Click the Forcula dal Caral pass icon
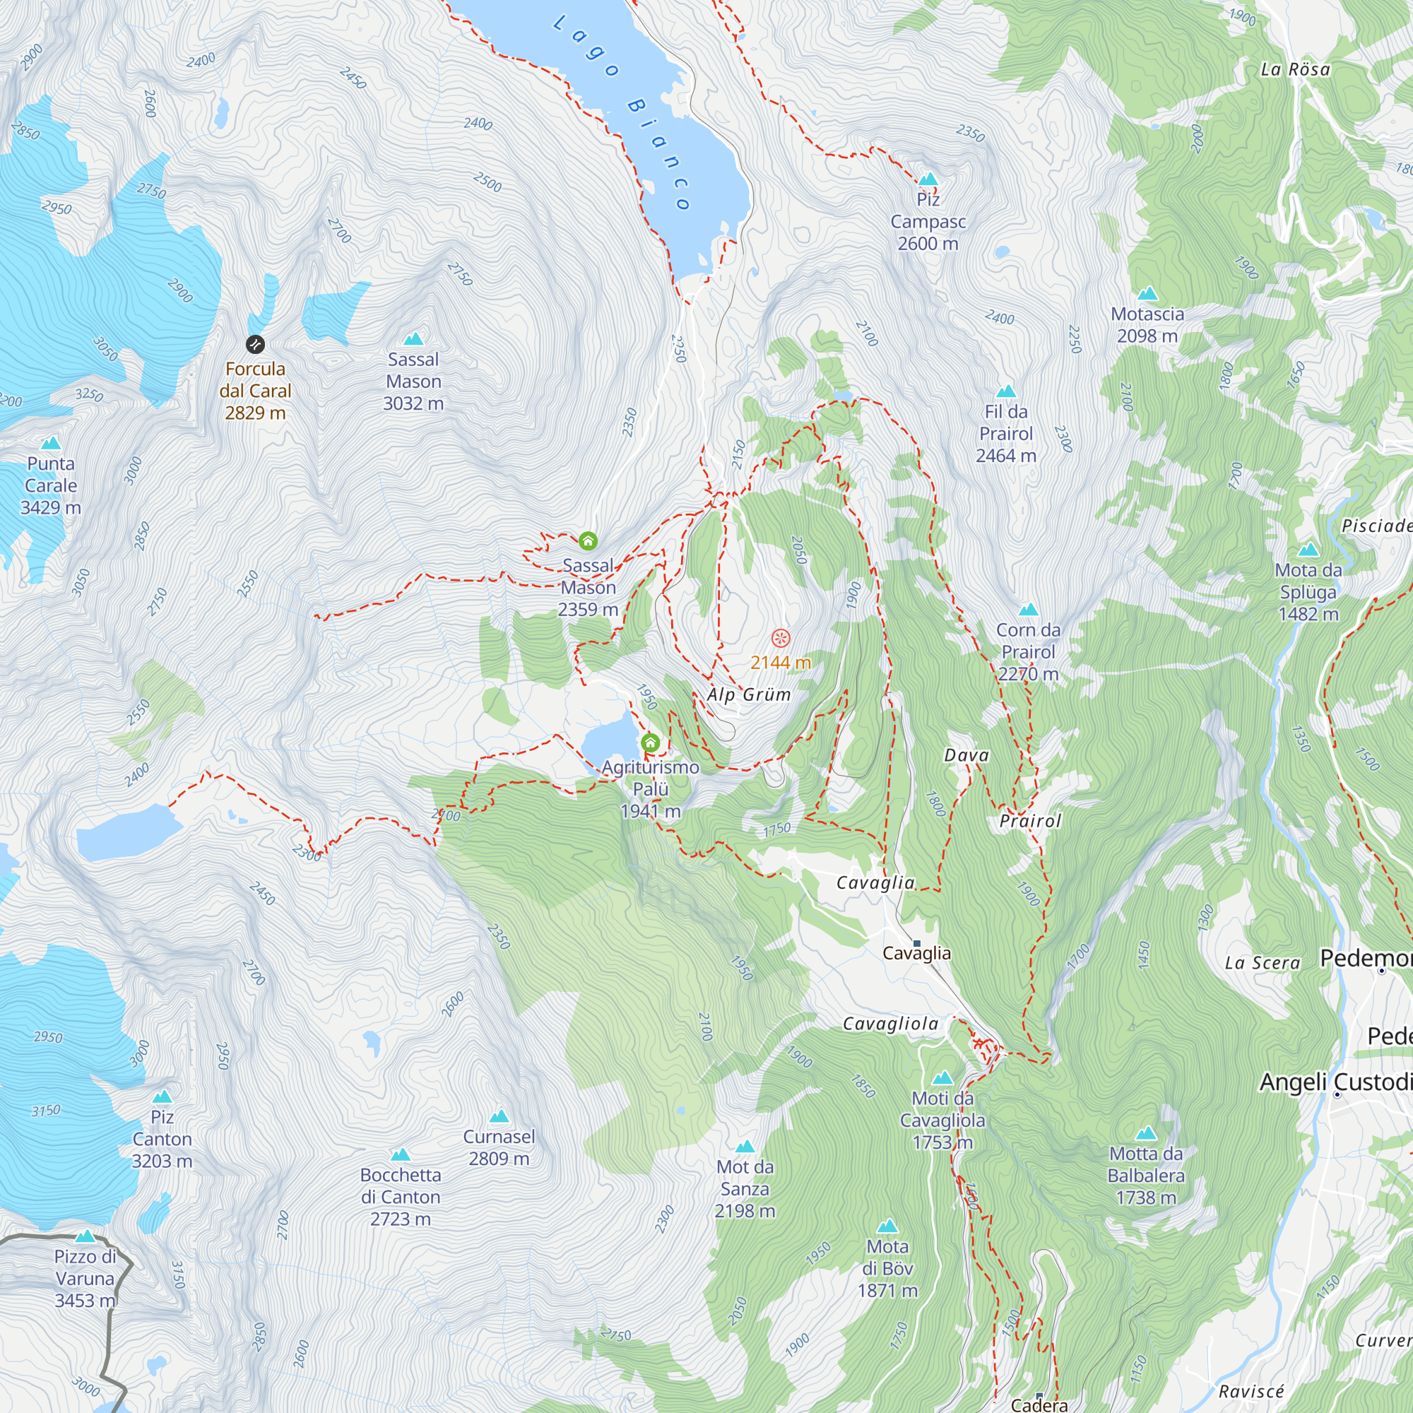[x=254, y=344]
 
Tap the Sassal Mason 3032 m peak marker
[x=413, y=338]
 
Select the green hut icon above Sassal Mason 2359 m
[x=588, y=541]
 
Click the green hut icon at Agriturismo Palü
[x=650, y=743]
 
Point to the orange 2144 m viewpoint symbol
[x=781, y=638]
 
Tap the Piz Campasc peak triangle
[x=928, y=179]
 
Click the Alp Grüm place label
[x=749, y=694]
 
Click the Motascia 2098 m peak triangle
[x=1147, y=294]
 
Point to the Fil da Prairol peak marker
[x=1006, y=391]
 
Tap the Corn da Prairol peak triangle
[x=1028, y=609]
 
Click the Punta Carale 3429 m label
[x=50, y=485]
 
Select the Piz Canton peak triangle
[x=162, y=1097]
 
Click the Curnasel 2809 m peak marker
[x=499, y=1116]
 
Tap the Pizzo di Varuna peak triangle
[x=85, y=1236]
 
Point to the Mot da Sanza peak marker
[x=745, y=1146]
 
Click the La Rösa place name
[x=1295, y=69]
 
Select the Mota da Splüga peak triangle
[x=1308, y=549]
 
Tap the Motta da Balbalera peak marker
[x=1146, y=1134]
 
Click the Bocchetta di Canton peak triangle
[x=400, y=1155]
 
